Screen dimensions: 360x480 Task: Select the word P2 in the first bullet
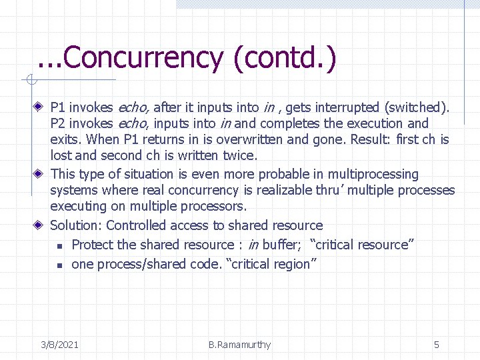[x=58, y=123]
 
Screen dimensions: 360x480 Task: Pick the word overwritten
[x=251, y=140]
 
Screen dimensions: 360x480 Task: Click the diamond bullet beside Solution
[x=41, y=225]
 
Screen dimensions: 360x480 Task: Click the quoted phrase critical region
[x=273, y=264]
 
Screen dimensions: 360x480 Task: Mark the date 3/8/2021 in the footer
[x=59, y=345]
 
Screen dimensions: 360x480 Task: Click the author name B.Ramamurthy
[x=239, y=345]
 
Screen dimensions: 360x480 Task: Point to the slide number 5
[x=437, y=345]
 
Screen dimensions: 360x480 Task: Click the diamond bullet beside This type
[x=41, y=174]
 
